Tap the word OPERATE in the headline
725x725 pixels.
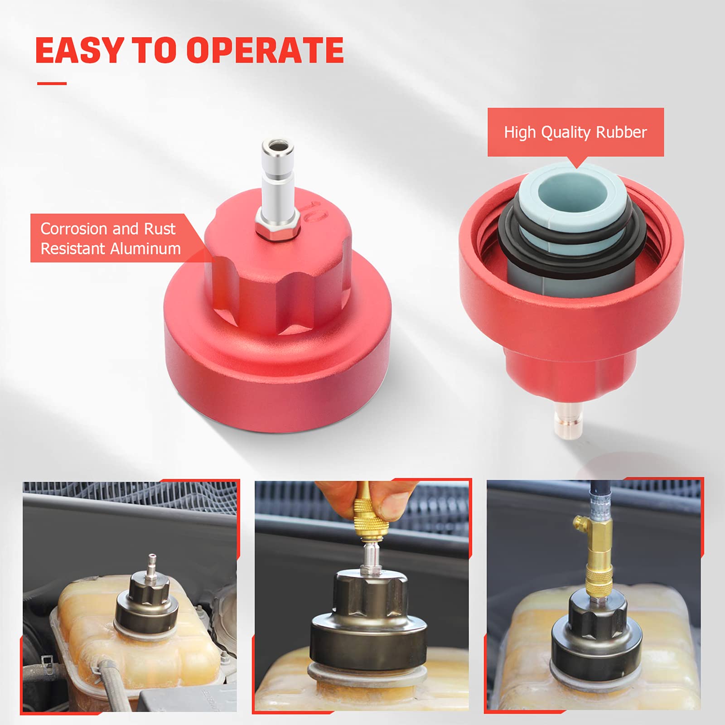[x=265, y=50]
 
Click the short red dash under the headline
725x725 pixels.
[x=52, y=83]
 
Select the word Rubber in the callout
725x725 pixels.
[x=621, y=132]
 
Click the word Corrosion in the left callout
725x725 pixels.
[x=74, y=229]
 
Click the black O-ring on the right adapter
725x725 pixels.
[x=572, y=240]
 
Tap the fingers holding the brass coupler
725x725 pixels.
[x=362, y=496]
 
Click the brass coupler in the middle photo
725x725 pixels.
[x=367, y=521]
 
